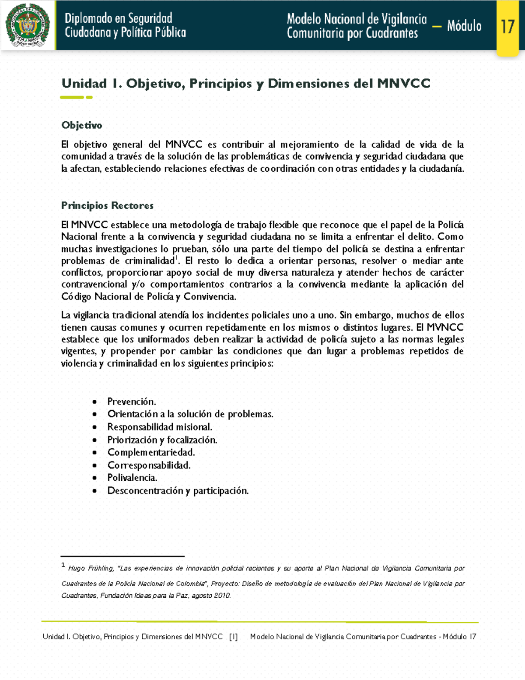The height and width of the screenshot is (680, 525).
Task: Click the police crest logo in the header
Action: point(28,25)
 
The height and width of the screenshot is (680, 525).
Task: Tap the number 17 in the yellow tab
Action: point(507,27)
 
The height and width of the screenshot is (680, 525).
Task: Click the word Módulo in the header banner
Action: point(464,26)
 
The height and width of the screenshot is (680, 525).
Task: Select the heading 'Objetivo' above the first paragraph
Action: point(82,125)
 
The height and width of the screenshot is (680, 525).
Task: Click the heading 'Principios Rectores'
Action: point(107,205)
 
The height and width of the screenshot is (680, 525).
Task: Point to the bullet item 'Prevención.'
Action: point(131,402)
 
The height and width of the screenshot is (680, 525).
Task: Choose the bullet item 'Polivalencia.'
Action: point(132,478)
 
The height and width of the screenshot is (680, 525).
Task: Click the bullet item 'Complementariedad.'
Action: point(151,452)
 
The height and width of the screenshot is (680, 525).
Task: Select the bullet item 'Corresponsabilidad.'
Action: point(149,465)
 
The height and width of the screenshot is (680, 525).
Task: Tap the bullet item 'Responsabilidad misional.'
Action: point(160,427)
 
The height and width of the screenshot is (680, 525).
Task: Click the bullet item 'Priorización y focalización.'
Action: point(162,440)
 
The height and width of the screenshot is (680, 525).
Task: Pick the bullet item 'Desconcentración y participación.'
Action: point(178,490)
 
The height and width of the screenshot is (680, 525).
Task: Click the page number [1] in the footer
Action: point(233,637)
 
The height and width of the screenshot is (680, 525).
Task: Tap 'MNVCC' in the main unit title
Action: point(403,83)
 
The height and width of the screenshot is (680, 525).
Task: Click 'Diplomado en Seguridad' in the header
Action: point(118,18)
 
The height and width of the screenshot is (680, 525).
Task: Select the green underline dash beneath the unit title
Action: point(72,97)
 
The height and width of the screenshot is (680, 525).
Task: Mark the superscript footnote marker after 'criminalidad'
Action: point(176,258)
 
